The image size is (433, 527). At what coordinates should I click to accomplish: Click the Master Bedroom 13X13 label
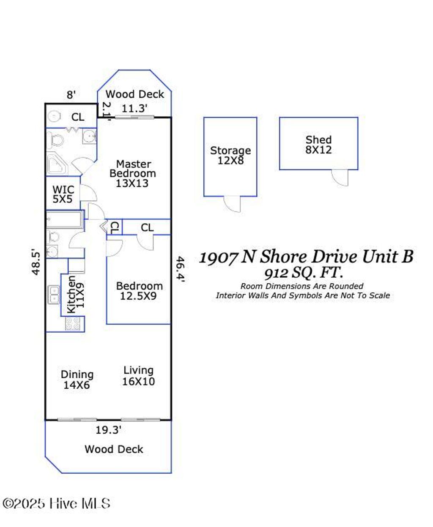point(132,173)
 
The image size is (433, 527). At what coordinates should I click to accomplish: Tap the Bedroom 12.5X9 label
point(139,291)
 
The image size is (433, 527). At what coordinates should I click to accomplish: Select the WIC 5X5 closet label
point(63,194)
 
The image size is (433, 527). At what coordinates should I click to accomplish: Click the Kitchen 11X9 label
point(76,294)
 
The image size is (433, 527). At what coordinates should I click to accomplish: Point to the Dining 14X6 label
point(77,380)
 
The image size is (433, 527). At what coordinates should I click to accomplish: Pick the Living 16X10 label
point(138,376)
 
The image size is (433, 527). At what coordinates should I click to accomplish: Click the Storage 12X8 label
point(230,155)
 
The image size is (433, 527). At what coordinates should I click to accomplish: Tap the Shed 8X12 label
point(318,145)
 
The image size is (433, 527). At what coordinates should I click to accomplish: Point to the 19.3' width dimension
point(108,430)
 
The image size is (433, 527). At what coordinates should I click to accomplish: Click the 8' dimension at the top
point(71,95)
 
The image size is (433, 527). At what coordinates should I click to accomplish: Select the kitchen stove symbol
point(73,323)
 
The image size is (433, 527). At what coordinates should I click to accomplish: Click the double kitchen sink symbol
point(54,295)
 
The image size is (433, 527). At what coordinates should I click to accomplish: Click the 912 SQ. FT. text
point(303,273)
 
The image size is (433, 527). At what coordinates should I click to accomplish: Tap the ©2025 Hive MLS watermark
point(56,503)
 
